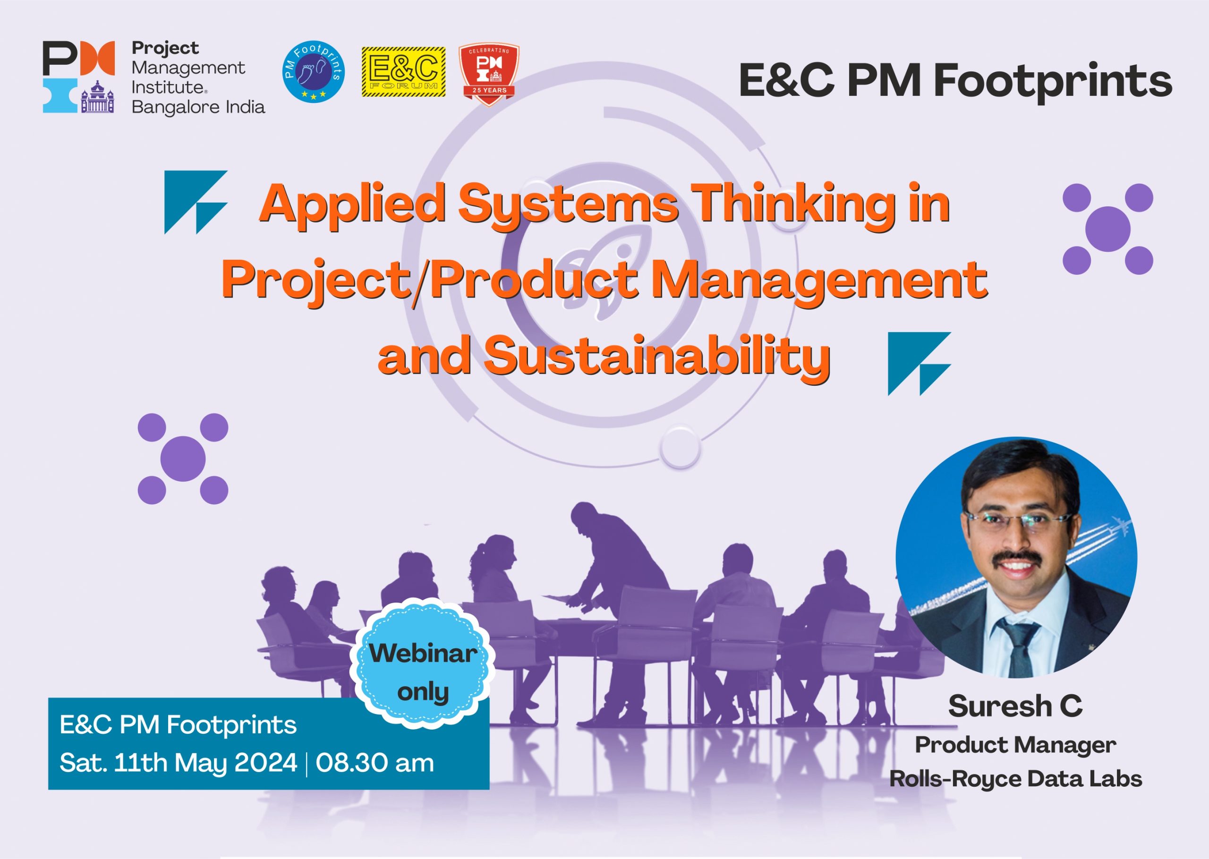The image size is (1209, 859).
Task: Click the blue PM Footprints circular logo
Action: (x=314, y=71)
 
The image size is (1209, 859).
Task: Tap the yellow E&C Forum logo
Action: (x=403, y=72)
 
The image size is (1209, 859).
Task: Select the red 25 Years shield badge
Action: (x=489, y=74)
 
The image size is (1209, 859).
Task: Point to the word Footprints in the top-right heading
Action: (x=1053, y=81)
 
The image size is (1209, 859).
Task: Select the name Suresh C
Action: (x=1015, y=706)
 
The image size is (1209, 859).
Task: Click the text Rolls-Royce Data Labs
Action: (x=1015, y=779)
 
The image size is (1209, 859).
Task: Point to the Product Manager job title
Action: (x=1015, y=745)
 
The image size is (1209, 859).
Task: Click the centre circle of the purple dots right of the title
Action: (x=1108, y=229)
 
